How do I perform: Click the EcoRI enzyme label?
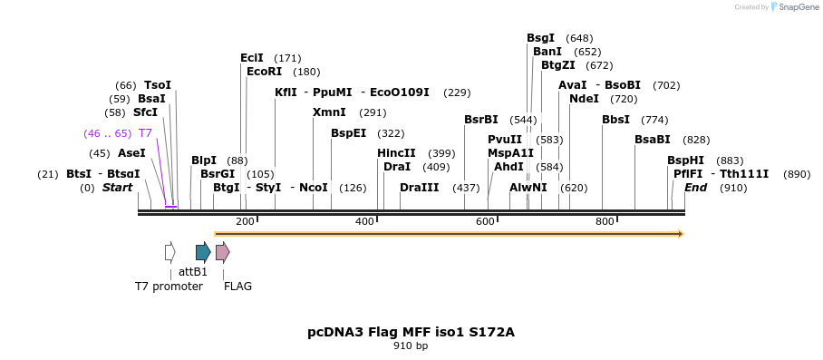pos(265,72)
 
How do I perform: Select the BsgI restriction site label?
pos(541,38)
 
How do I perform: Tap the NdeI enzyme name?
pos(584,99)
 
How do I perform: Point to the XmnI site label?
pos(329,112)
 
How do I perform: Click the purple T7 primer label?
pos(145,133)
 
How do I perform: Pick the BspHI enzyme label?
pos(685,161)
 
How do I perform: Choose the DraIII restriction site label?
pos(419,188)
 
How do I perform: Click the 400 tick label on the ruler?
pos(364,221)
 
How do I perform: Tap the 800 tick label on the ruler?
pos(604,221)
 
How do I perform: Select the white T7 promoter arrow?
pos(169,251)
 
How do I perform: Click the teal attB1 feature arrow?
pos(203,251)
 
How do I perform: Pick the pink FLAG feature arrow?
pos(222,251)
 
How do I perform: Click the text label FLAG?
pos(237,287)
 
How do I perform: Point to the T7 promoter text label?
pos(169,287)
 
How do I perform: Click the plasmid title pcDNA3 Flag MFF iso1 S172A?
pos(411,332)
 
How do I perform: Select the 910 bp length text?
pos(411,346)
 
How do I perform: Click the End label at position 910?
pos(695,188)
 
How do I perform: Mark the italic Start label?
pos(117,188)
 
